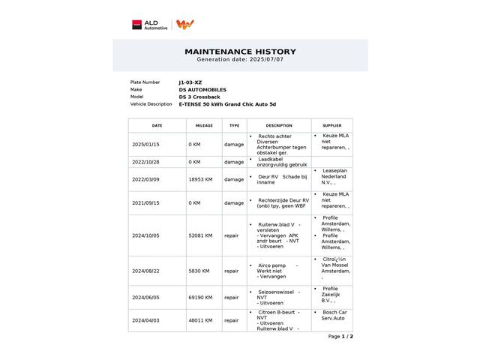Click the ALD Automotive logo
[150, 25]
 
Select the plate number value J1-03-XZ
[190, 82]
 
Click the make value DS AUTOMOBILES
[202, 90]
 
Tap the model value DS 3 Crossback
[200, 97]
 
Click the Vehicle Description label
[151, 104]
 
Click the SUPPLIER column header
[331, 126]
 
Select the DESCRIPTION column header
[279, 126]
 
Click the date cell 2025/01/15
[145, 144]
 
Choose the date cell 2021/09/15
[145, 202]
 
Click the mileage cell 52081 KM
[201, 235]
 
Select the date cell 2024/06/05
[145, 297]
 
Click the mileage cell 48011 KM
[201, 320]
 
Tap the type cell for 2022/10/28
[234, 162]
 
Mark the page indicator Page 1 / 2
[340, 337]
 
